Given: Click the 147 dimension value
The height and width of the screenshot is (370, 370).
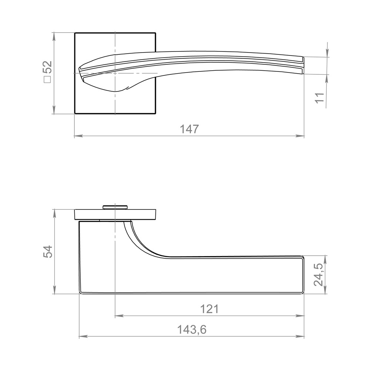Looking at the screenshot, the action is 189,129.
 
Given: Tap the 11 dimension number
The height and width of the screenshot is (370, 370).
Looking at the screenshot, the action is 320,98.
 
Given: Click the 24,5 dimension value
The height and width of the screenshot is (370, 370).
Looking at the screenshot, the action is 319,275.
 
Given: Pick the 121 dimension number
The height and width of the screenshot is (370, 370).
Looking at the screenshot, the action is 209,309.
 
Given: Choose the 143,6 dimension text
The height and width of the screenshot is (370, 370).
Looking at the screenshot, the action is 192,330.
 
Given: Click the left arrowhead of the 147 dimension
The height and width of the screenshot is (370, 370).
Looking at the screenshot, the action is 78,136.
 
